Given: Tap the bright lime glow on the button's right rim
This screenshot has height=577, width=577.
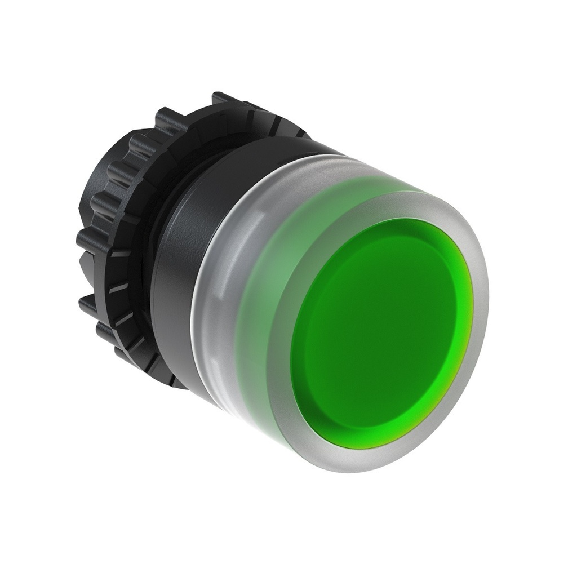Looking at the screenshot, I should tap(467, 316).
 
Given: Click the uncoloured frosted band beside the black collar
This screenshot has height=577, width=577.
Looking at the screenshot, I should tap(217, 293).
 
